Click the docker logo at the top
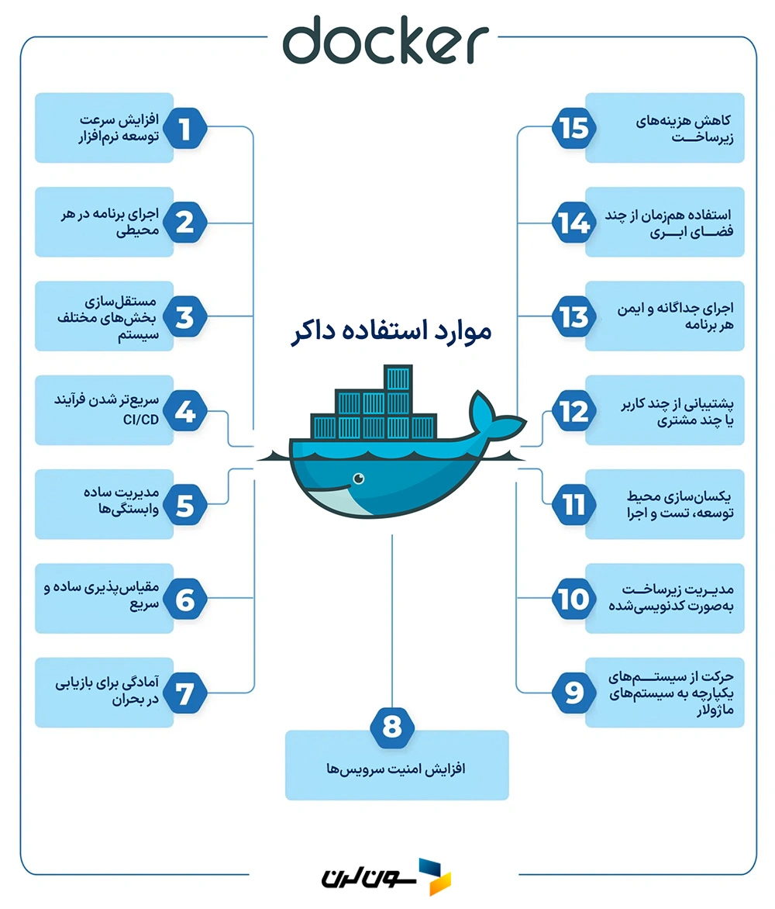385,43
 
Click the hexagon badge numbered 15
574,129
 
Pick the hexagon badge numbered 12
574,411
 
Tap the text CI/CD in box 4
139,420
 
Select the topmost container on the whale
398,379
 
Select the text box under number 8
397,769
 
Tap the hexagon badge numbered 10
574,599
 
